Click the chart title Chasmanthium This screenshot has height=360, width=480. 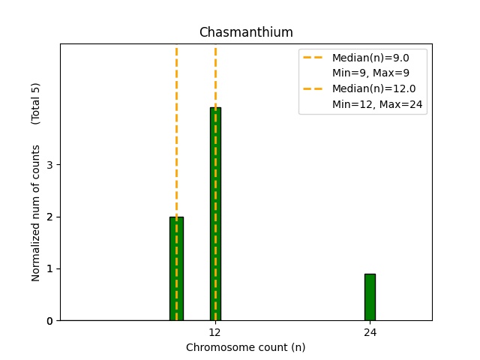(245, 33)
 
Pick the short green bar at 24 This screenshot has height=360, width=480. (370, 297)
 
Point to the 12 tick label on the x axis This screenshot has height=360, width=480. (215, 332)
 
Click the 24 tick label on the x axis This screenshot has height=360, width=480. (370, 332)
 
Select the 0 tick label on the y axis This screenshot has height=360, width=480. (49, 321)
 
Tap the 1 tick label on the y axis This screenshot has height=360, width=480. (49, 268)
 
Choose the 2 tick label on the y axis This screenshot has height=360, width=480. (49, 217)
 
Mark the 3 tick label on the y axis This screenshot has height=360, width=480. (49, 165)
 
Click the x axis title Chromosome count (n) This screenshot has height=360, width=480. (245, 347)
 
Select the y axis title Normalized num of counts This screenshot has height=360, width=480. (36, 213)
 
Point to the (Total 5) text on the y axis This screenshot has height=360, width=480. (36, 103)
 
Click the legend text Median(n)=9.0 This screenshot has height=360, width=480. (370, 58)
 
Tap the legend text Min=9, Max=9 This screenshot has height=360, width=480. (370, 73)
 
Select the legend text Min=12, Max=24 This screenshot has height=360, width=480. (378, 104)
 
